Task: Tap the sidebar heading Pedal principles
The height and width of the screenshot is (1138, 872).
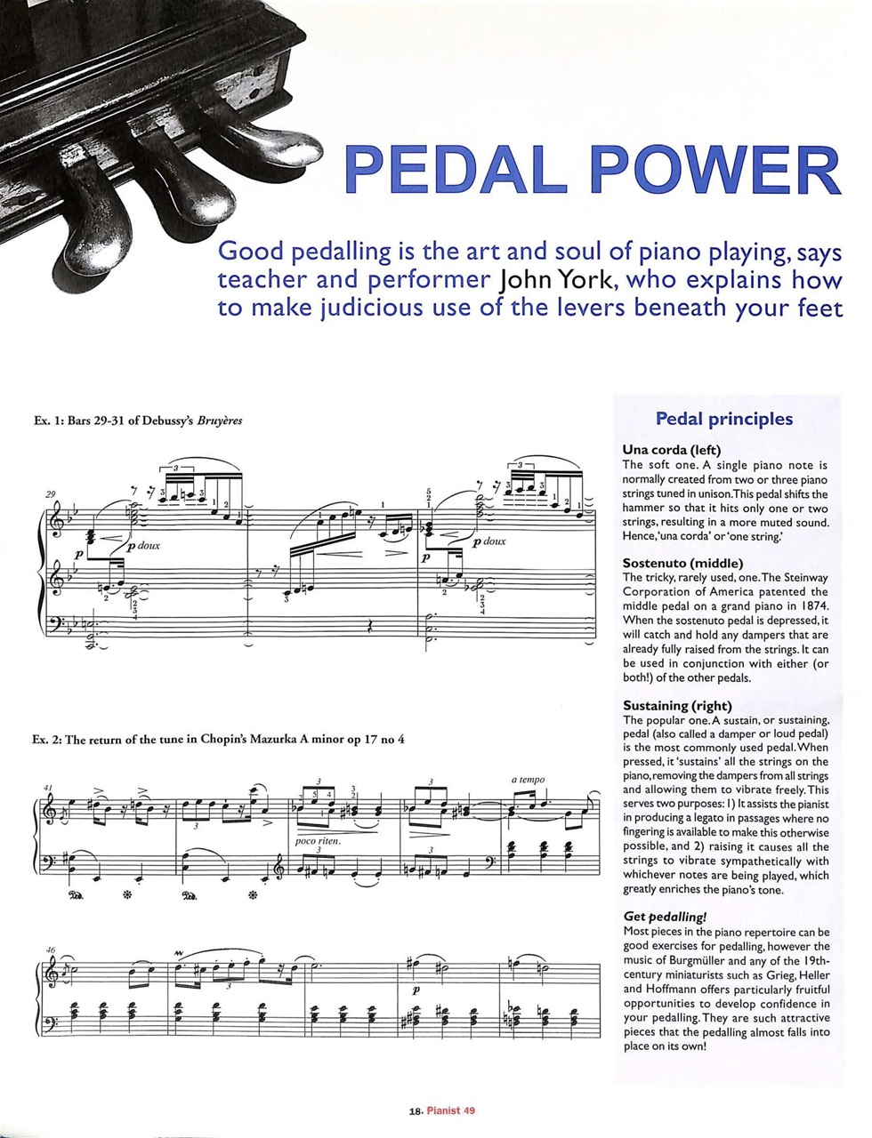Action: coord(723,418)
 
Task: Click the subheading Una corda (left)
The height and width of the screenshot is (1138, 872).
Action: coord(672,450)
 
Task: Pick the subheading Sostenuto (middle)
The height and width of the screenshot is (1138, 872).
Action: coord(682,563)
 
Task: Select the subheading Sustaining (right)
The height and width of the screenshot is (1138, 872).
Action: coord(681,706)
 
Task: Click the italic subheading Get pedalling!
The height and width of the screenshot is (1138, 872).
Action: coord(665,917)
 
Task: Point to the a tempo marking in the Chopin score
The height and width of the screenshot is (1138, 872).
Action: coord(528,780)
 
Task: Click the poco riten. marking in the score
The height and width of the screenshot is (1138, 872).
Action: coord(318,840)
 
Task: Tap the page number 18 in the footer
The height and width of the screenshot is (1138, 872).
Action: coord(415,1110)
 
